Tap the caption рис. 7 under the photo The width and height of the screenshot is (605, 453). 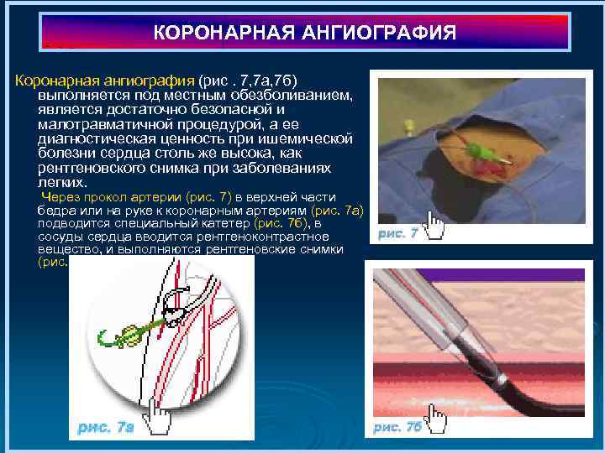pos(397,234)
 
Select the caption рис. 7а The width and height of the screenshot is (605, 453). pos(105,427)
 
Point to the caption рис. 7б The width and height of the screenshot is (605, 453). pos(397,427)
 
